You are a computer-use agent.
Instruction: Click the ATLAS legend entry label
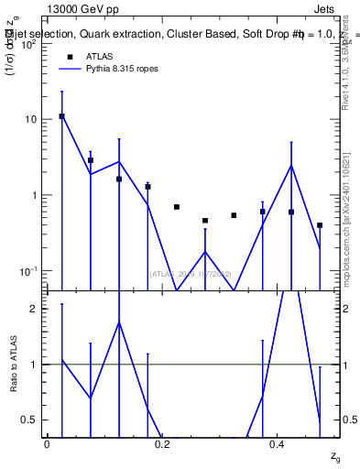click(x=99, y=57)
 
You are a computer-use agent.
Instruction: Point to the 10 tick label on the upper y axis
click(x=31, y=119)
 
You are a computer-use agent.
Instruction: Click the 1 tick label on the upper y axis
click(x=36, y=195)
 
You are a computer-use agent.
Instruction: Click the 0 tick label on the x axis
click(x=47, y=444)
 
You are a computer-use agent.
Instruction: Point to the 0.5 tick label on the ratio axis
click(x=30, y=420)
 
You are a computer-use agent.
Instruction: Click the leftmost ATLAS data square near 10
click(x=61, y=116)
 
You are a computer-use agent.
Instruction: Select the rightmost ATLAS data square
click(x=320, y=224)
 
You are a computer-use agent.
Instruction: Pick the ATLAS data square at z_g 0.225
click(x=177, y=207)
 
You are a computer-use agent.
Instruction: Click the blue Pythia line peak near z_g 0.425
click(x=291, y=166)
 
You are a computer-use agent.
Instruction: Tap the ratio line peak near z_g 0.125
click(x=119, y=322)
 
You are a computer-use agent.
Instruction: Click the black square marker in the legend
click(x=68, y=57)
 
